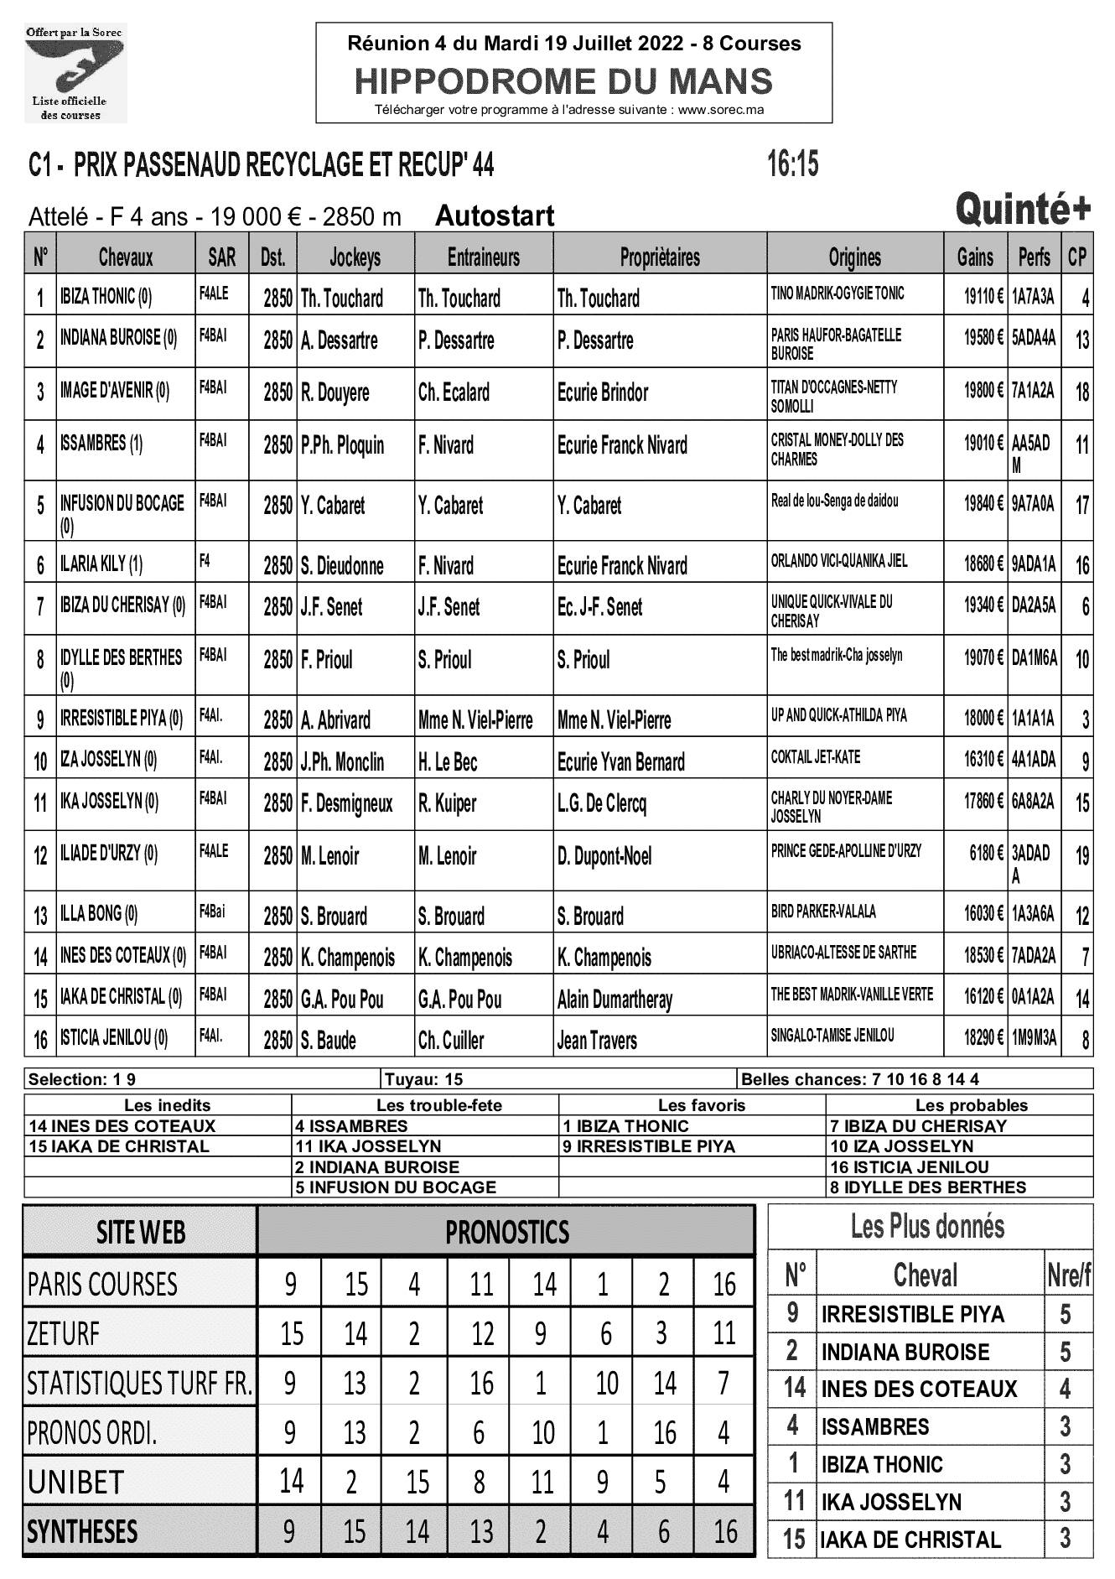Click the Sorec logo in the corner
click(x=75, y=74)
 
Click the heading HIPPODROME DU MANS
click(x=563, y=81)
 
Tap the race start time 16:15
click(x=791, y=164)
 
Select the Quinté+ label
click(x=1023, y=210)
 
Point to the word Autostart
click(x=495, y=216)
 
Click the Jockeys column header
click(x=355, y=257)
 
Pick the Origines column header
click(x=854, y=257)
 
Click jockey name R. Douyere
click(x=335, y=392)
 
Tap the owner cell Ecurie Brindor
click(x=603, y=392)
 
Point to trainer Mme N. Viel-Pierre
click(x=475, y=720)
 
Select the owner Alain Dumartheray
click(x=615, y=1000)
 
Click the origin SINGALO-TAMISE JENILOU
click(x=832, y=1036)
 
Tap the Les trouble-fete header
click(x=439, y=1105)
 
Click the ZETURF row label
click(x=64, y=1333)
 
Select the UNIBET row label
click(x=75, y=1483)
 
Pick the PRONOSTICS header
click(x=506, y=1232)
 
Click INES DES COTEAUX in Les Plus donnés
click(x=918, y=1389)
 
